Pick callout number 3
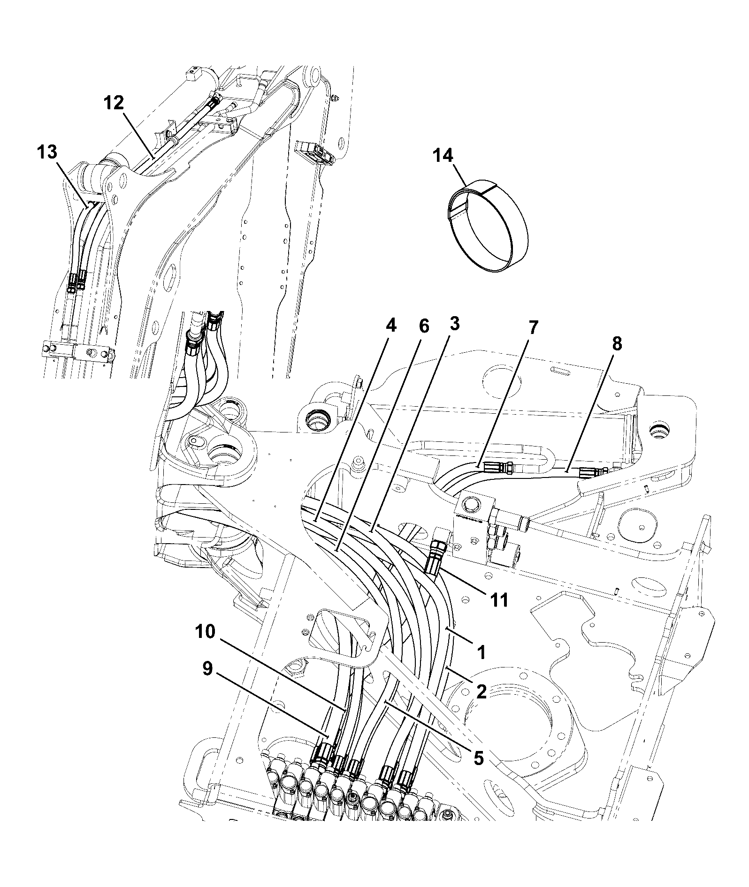click(454, 324)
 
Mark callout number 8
click(617, 343)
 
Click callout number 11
click(499, 599)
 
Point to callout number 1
click(481, 652)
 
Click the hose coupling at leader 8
click(592, 472)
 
